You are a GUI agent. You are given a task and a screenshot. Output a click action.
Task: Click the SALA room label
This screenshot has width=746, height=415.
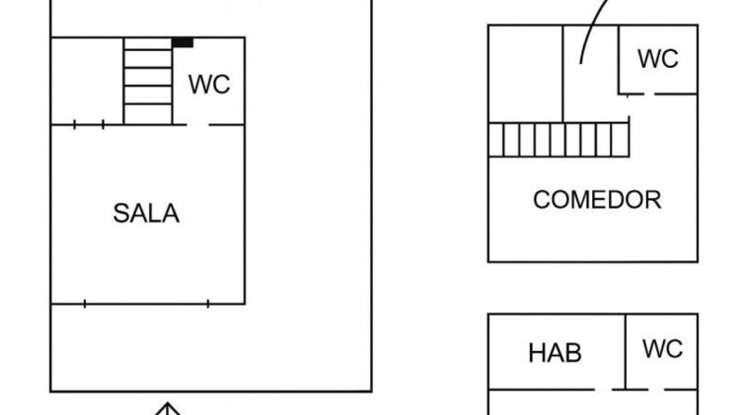(x=146, y=213)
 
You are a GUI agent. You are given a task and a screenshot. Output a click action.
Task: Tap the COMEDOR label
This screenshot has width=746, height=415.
(x=597, y=200)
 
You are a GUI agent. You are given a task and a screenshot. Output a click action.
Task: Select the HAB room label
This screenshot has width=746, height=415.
(x=554, y=353)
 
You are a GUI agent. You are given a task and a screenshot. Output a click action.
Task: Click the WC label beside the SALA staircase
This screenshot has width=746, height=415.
(x=209, y=85)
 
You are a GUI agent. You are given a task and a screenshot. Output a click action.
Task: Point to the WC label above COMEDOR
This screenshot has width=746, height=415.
(x=658, y=58)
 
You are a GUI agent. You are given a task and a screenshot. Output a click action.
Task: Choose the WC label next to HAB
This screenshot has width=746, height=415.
(x=662, y=349)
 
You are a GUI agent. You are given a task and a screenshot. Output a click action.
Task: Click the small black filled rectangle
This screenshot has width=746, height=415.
(x=182, y=42)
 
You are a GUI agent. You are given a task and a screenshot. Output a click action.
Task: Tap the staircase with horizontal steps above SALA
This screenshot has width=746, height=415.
(x=148, y=81)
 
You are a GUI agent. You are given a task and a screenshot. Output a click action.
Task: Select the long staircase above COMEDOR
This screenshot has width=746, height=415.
(x=559, y=140)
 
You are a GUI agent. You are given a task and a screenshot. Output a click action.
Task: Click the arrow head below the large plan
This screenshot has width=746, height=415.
(x=167, y=408)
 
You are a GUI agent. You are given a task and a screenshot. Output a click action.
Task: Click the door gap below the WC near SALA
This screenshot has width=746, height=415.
(x=198, y=125)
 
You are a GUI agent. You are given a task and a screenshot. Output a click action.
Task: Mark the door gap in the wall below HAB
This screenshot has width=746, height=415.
(x=603, y=390)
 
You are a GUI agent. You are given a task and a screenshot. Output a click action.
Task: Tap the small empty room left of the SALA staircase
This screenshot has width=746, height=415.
(x=87, y=81)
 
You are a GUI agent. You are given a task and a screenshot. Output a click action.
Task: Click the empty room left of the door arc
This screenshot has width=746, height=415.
(x=526, y=74)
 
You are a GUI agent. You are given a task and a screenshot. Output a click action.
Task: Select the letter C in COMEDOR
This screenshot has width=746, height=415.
(x=541, y=200)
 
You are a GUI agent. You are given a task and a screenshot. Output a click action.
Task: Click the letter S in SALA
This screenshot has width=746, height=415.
(x=121, y=213)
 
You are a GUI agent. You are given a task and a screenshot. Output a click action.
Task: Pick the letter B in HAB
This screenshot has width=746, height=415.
(x=574, y=353)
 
